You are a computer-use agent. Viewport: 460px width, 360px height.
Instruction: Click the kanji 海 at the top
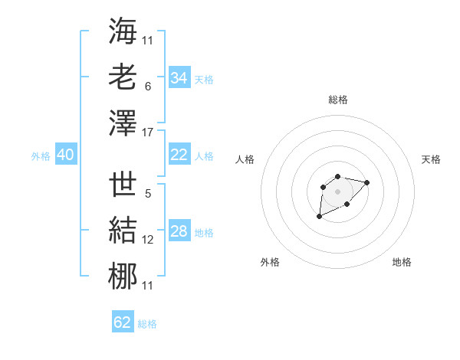[123, 32]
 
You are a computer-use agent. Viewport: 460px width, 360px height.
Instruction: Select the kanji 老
[123, 77]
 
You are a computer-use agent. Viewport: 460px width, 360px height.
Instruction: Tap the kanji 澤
[123, 123]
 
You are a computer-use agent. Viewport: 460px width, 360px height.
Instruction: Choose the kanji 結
[123, 231]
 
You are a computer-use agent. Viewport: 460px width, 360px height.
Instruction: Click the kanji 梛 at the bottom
[123, 277]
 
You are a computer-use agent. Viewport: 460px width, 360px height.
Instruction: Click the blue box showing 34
[179, 77]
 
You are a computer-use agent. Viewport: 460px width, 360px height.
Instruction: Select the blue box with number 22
[179, 155]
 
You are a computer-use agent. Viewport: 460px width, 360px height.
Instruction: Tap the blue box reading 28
[179, 231]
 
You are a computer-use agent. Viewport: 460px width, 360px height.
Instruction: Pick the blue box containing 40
[65, 155]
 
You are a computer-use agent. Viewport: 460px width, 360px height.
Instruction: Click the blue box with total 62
[123, 322]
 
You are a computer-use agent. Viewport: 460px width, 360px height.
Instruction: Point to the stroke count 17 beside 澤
[148, 133]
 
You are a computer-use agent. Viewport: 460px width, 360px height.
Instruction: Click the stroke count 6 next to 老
[147, 87]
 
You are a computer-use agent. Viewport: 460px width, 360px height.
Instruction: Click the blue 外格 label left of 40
[41, 156]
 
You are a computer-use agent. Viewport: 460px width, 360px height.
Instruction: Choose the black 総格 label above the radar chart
[337, 100]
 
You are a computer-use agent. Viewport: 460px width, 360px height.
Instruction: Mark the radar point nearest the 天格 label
[366, 182]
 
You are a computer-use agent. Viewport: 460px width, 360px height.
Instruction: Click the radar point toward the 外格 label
[319, 217]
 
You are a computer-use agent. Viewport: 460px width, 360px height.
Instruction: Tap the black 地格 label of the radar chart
[402, 262]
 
